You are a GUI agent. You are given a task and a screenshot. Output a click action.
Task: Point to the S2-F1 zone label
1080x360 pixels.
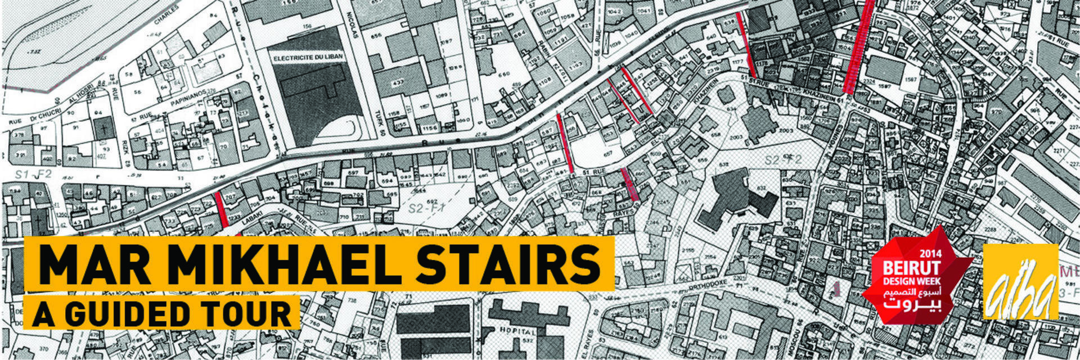pyautogui.click(x=423, y=208)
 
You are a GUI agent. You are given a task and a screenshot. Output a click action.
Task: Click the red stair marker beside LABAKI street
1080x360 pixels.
pyautogui.click(x=221, y=209)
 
